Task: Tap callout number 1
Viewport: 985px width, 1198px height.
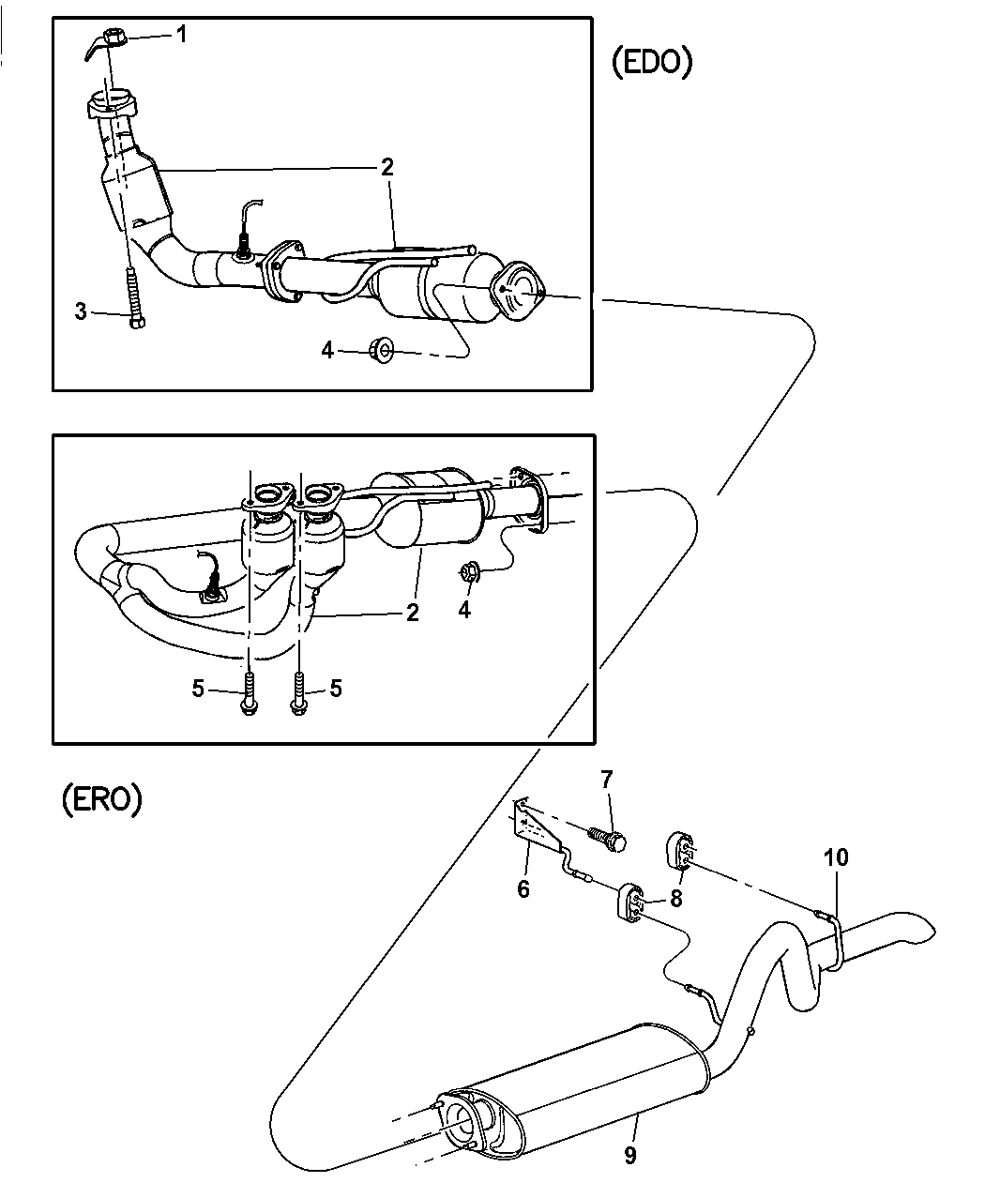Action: [x=181, y=35]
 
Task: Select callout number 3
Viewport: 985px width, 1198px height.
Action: [x=82, y=311]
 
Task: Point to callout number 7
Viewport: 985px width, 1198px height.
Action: [x=606, y=778]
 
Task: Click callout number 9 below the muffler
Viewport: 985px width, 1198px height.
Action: [x=630, y=1155]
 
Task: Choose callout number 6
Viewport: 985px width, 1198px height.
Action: [x=523, y=887]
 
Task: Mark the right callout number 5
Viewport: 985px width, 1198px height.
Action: [x=336, y=689]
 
